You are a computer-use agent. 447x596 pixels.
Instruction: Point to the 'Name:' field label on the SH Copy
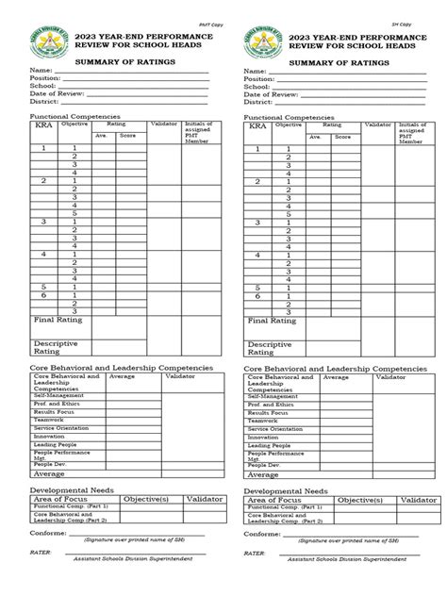tap(255, 71)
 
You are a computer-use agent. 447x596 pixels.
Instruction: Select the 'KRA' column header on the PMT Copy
tap(43, 125)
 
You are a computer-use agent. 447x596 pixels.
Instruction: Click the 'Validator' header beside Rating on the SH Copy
tap(379, 124)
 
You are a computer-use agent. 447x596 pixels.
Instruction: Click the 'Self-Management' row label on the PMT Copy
tap(56, 396)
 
